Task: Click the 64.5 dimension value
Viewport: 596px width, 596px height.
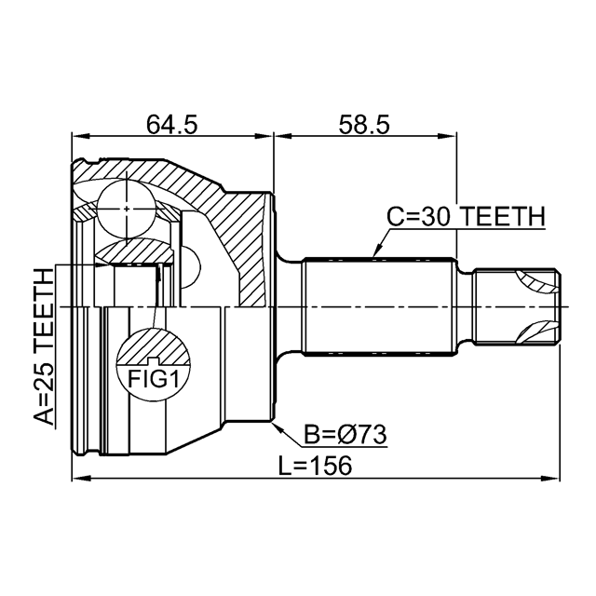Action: point(171,122)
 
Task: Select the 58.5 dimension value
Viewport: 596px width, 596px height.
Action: point(364,122)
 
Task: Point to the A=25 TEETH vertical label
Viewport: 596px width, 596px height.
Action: point(43,345)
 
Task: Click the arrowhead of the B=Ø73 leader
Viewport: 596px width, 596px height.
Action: point(276,426)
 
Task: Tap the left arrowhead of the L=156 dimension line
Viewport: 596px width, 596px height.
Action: point(77,480)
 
